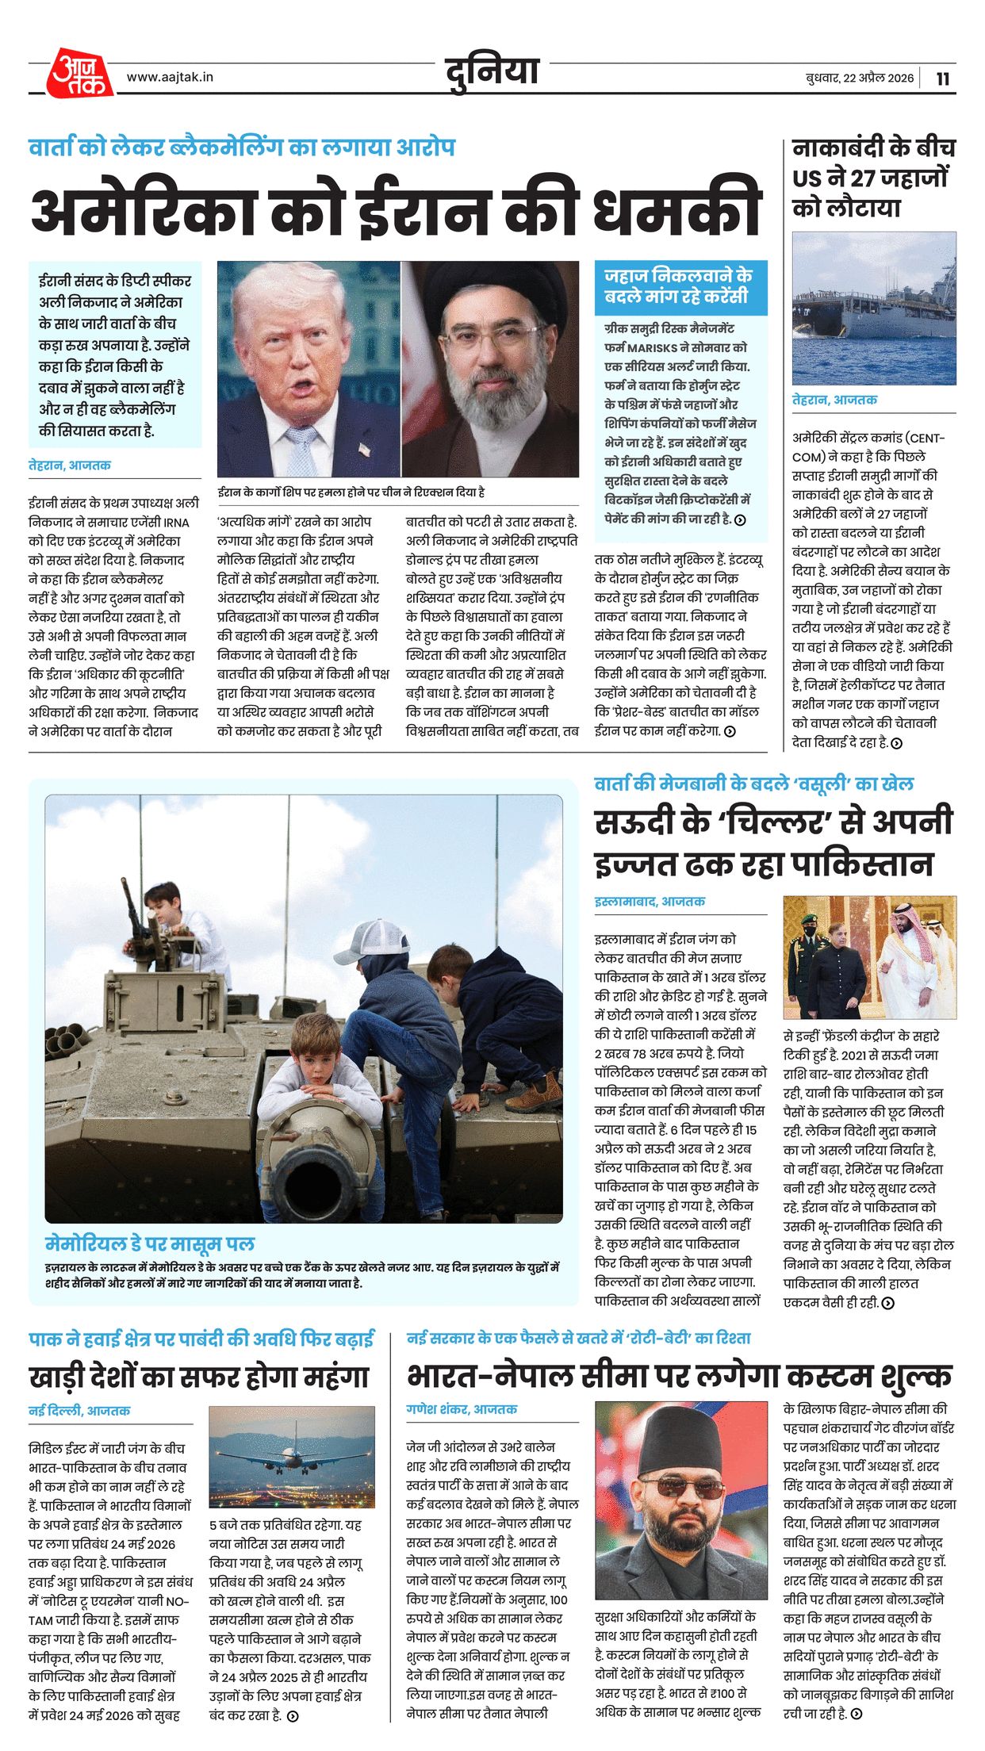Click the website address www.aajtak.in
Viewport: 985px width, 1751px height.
[x=170, y=77]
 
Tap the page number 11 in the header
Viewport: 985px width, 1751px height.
[x=942, y=79]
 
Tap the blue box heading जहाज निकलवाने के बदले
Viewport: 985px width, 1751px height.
[x=678, y=286]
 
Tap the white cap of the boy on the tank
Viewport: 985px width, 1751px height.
[x=371, y=937]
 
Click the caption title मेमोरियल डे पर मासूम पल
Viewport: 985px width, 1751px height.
[x=150, y=1243]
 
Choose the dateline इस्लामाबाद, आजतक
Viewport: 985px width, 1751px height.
[x=650, y=902]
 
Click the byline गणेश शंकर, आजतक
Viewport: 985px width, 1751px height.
[x=462, y=1409]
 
